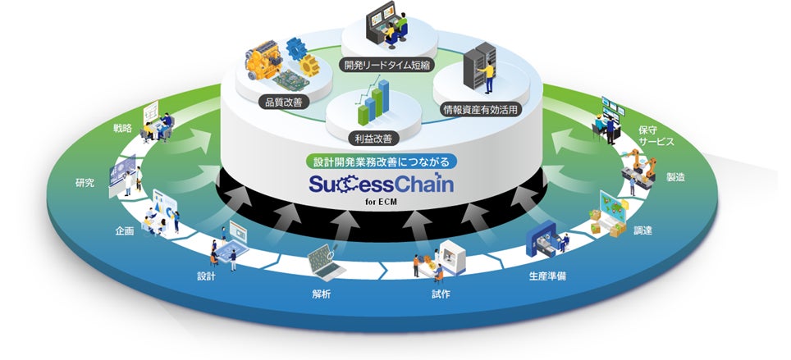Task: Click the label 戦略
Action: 122,129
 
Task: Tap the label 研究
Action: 84,183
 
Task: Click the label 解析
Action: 322,294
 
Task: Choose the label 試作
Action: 441,294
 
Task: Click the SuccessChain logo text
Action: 378,181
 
